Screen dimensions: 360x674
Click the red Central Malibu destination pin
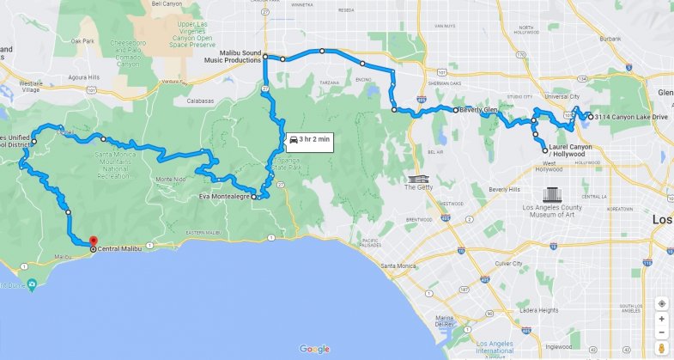point(93,242)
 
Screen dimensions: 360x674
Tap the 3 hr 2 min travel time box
point(308,139)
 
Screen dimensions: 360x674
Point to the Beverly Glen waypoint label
point(478,110)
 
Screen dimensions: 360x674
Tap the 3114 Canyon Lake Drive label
point(631,117)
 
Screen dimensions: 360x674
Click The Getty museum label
point(418,186)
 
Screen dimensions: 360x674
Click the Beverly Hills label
point(504,189)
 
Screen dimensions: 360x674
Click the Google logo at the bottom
point(315,349)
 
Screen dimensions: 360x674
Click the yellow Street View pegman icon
point(662,347)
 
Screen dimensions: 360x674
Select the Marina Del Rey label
point(443,320)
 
